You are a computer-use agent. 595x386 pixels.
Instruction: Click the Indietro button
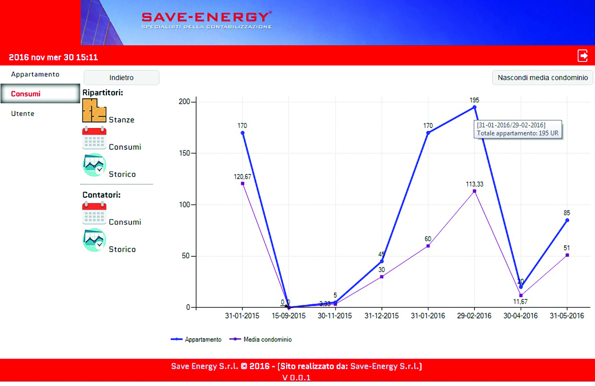pyautogui.click(x=121, y=78)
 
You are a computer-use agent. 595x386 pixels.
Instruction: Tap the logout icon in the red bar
pyautogui.click(x=583, y=56)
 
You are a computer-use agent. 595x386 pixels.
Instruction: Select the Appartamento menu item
pyautogui.click(x=35, y=74)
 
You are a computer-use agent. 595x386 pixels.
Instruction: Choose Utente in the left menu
pyautogui.click(x=23, y=114)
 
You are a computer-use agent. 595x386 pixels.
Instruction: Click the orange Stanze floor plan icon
pyautogui.click(x=94, y=111)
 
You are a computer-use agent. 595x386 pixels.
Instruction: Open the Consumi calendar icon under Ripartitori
pyautogui.click(x=94, y=138)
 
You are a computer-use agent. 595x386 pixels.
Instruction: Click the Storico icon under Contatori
pyautogui.click(x=94, y=240)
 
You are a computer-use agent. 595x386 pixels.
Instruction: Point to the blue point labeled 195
pyautogui.click(x=474, y=107)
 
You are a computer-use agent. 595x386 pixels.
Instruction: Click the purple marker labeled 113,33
pyautogui.click(x=474, y=191)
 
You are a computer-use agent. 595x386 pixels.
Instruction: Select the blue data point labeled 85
pyautogui.click(x=567, y=220)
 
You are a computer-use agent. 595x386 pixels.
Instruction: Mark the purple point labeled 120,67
pyautogui.click(x=242, y=184)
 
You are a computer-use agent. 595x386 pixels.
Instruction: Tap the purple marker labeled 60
pyautogui.click(x=428, y=246)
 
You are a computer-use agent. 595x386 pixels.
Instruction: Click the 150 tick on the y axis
pyautogui.click(x=184, y=153)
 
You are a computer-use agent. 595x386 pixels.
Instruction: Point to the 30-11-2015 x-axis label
pyautogui.click(x=335, y=316)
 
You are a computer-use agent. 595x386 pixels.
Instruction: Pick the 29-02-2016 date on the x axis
pyautogui.click(x=474, y=316)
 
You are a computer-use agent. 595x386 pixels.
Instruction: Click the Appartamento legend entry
pyautogui.click(x=196, y=340)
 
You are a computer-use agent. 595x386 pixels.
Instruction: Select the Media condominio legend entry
pyautogui.click(x=261, y=340)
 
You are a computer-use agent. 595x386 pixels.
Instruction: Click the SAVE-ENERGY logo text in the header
pyautogui.click(x=206, y=17)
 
